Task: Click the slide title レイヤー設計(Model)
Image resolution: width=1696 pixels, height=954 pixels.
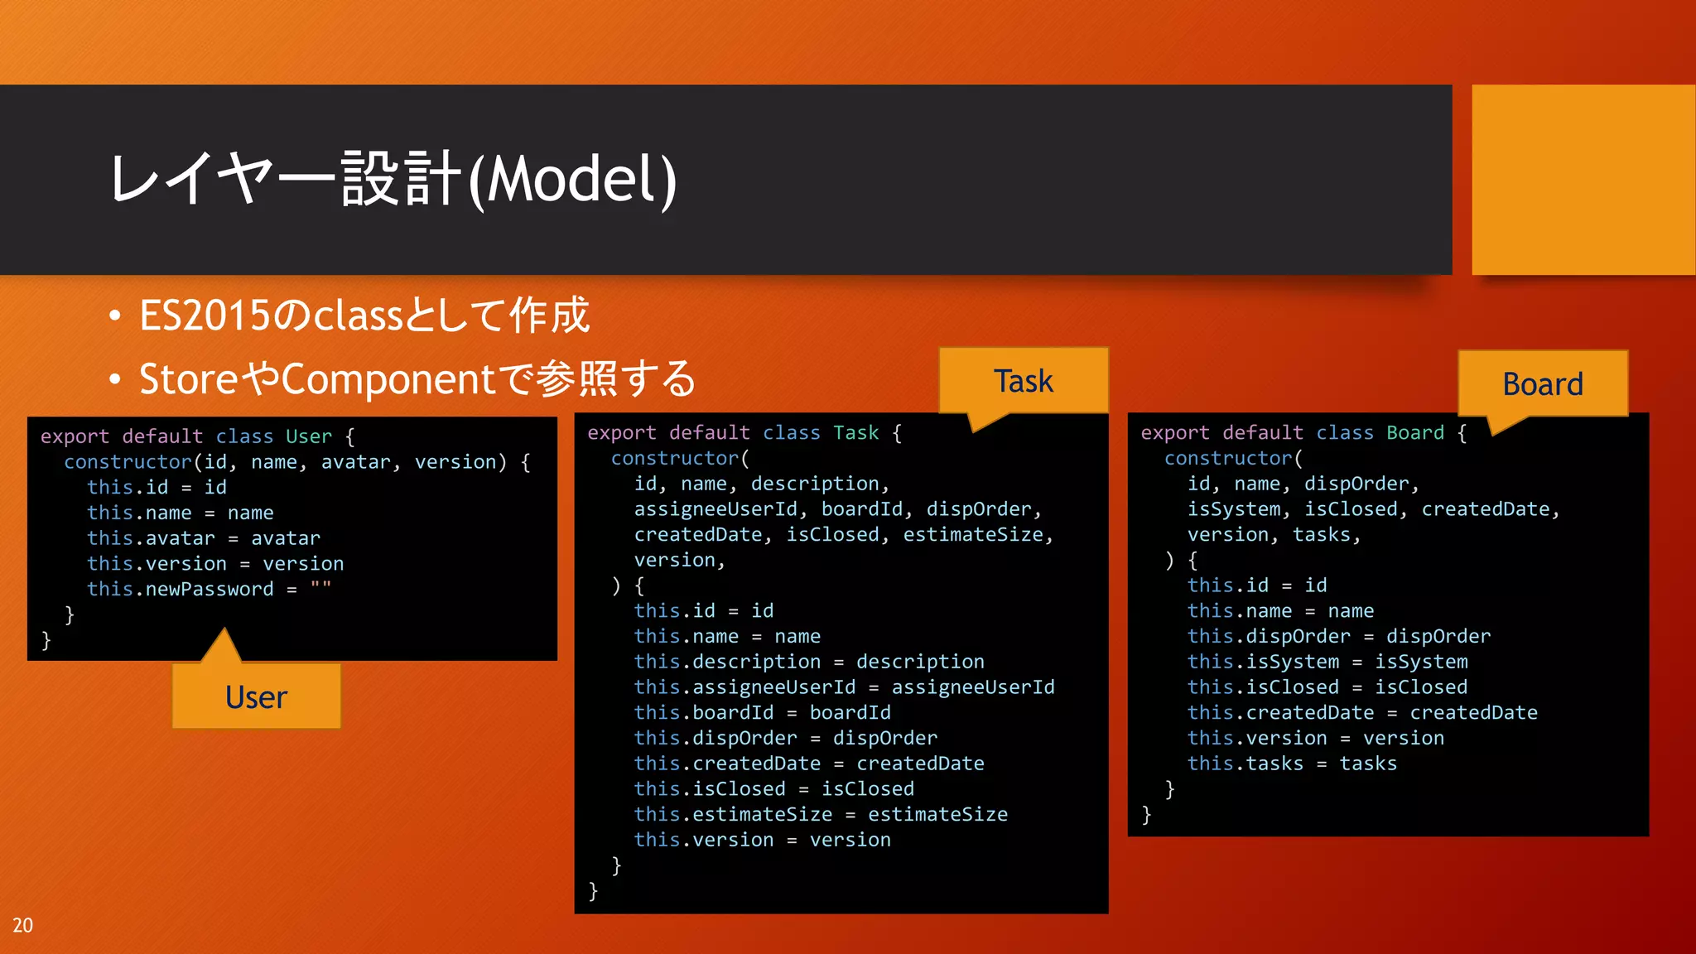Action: [x=394, y=179]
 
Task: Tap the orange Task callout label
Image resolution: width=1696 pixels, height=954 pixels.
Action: [x=1023, y=381]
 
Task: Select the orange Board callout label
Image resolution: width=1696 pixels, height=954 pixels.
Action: [x=1542, y=384]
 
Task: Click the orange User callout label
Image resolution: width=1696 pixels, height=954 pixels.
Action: [x=256, y=697]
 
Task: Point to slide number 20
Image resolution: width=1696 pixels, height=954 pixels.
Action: [x=22, y=925]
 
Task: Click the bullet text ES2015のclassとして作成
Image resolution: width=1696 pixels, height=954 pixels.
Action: [x=364, y=316]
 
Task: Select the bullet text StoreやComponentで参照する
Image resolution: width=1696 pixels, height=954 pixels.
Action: [x=417, y=379]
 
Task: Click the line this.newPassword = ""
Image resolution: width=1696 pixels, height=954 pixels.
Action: [x=209, y=589]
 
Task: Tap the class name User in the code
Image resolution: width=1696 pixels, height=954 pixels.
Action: [x=308, y=436]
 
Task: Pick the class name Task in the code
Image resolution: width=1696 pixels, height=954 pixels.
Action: [x=855, y=433]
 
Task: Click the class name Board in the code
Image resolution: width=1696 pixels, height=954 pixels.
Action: [x=1414, y=433]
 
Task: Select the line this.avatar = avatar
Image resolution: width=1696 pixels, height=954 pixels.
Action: [x=203, y=538]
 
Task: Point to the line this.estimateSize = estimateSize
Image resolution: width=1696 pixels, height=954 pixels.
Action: [x=820, y=814]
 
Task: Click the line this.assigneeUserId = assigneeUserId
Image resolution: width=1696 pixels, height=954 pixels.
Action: [x=844, y=687]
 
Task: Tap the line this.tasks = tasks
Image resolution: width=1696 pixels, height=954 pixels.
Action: [x=1291, y=764]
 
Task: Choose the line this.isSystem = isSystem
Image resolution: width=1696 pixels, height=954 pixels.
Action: [x=1327, y=662]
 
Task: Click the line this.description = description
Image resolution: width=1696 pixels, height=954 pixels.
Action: [x=808, y=662]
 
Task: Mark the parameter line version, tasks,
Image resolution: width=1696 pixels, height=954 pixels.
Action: [x=1274, y=535]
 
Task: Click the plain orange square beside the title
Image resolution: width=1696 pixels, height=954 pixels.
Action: [x=1583, y=179]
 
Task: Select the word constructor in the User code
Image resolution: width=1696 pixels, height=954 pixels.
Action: [x=128, y=462]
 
